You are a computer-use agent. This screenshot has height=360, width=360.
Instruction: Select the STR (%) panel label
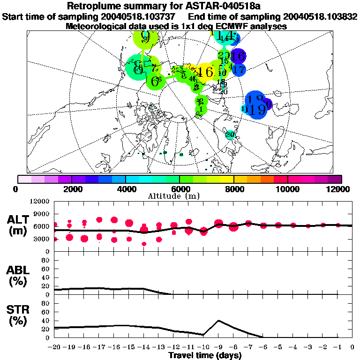pos(18,315)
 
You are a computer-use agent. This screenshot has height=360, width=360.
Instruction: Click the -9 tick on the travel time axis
pos(218,347)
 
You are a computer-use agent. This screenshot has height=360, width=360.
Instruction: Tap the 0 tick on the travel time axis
pos(352,347)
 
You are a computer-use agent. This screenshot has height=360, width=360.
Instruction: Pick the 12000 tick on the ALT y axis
pos(40,202)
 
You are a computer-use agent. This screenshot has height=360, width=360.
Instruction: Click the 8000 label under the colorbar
pos(233,189)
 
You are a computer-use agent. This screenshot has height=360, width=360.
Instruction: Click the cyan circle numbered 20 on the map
pos(230,135)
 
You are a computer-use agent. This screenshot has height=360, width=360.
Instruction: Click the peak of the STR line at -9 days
pos(218,321)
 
